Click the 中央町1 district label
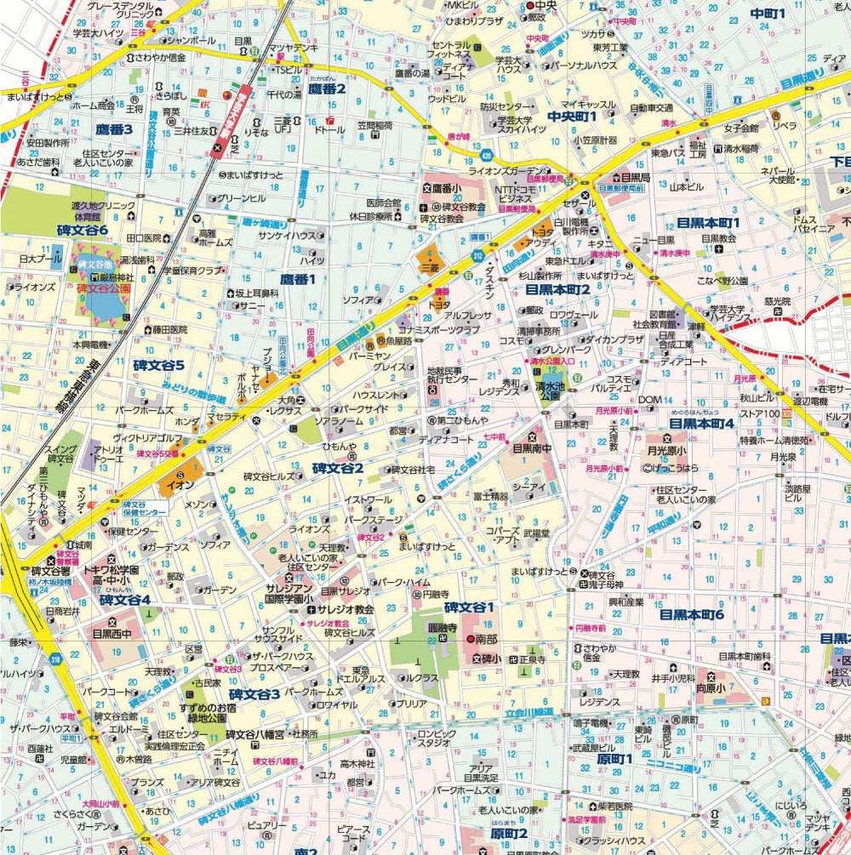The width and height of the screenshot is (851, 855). click(573, 116)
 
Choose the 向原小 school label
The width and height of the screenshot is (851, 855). click(711, 687)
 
